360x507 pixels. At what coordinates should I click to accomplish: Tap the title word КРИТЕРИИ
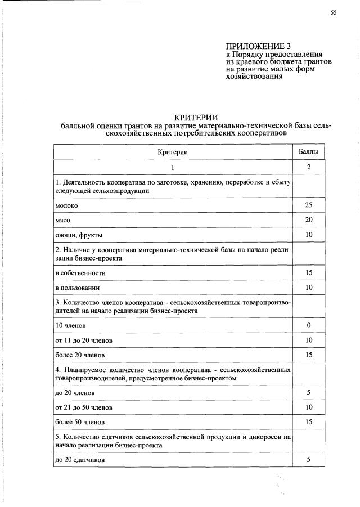(x=196, y=116)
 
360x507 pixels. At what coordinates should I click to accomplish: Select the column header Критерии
(x=173, y=152)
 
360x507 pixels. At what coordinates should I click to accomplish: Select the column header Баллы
(x=308, y=152)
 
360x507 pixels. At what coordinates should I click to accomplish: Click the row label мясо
(x=62, y=220)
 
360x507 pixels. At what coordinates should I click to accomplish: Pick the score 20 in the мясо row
(x=308, y=219)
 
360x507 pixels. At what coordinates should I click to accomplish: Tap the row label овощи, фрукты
(x=79, y=235)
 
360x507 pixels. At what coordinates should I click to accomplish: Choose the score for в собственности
(x=308, y=272)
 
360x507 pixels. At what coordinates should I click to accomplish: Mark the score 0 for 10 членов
(x=308, y=325)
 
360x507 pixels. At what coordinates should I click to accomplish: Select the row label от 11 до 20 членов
(x=84, y=340)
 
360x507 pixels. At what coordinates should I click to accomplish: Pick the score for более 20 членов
(x=308, y=355)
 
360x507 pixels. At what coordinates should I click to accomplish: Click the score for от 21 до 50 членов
(x=308, y=407)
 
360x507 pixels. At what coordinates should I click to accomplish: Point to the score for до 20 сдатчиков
(x=308, y=460)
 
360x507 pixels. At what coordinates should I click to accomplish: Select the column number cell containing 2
(x=308, y=167)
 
